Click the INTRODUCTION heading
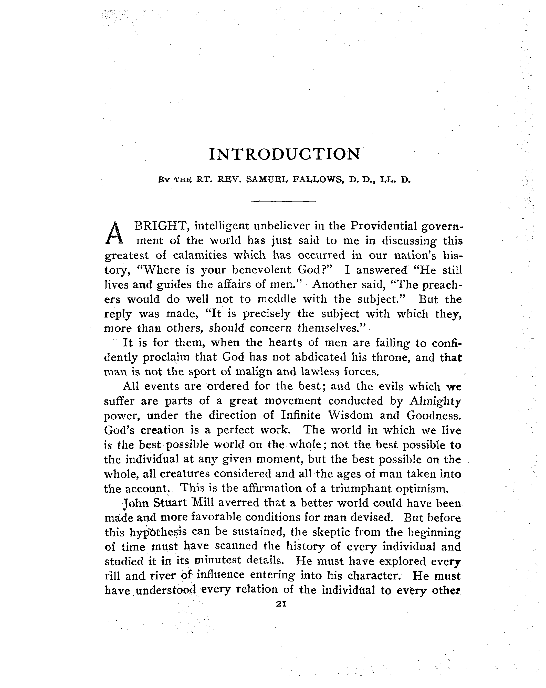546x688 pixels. click(x=284, y=154)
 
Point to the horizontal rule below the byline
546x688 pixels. click(x=283, y=201)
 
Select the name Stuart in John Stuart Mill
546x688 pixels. click(x=170, y=503)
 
